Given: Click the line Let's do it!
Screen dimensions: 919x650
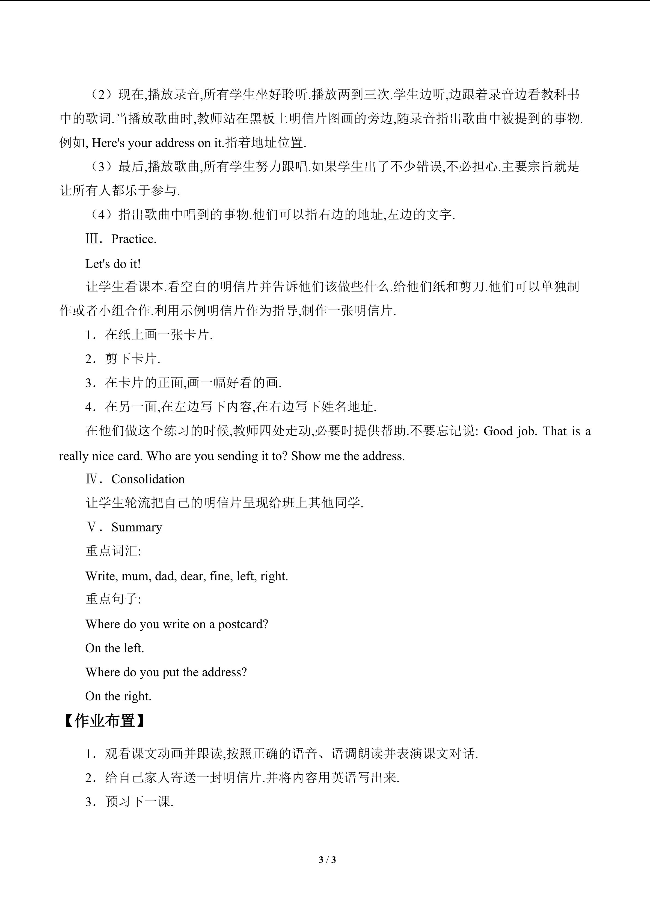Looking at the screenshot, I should [113, 264].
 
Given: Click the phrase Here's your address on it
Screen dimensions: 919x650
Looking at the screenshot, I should [156, 143].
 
